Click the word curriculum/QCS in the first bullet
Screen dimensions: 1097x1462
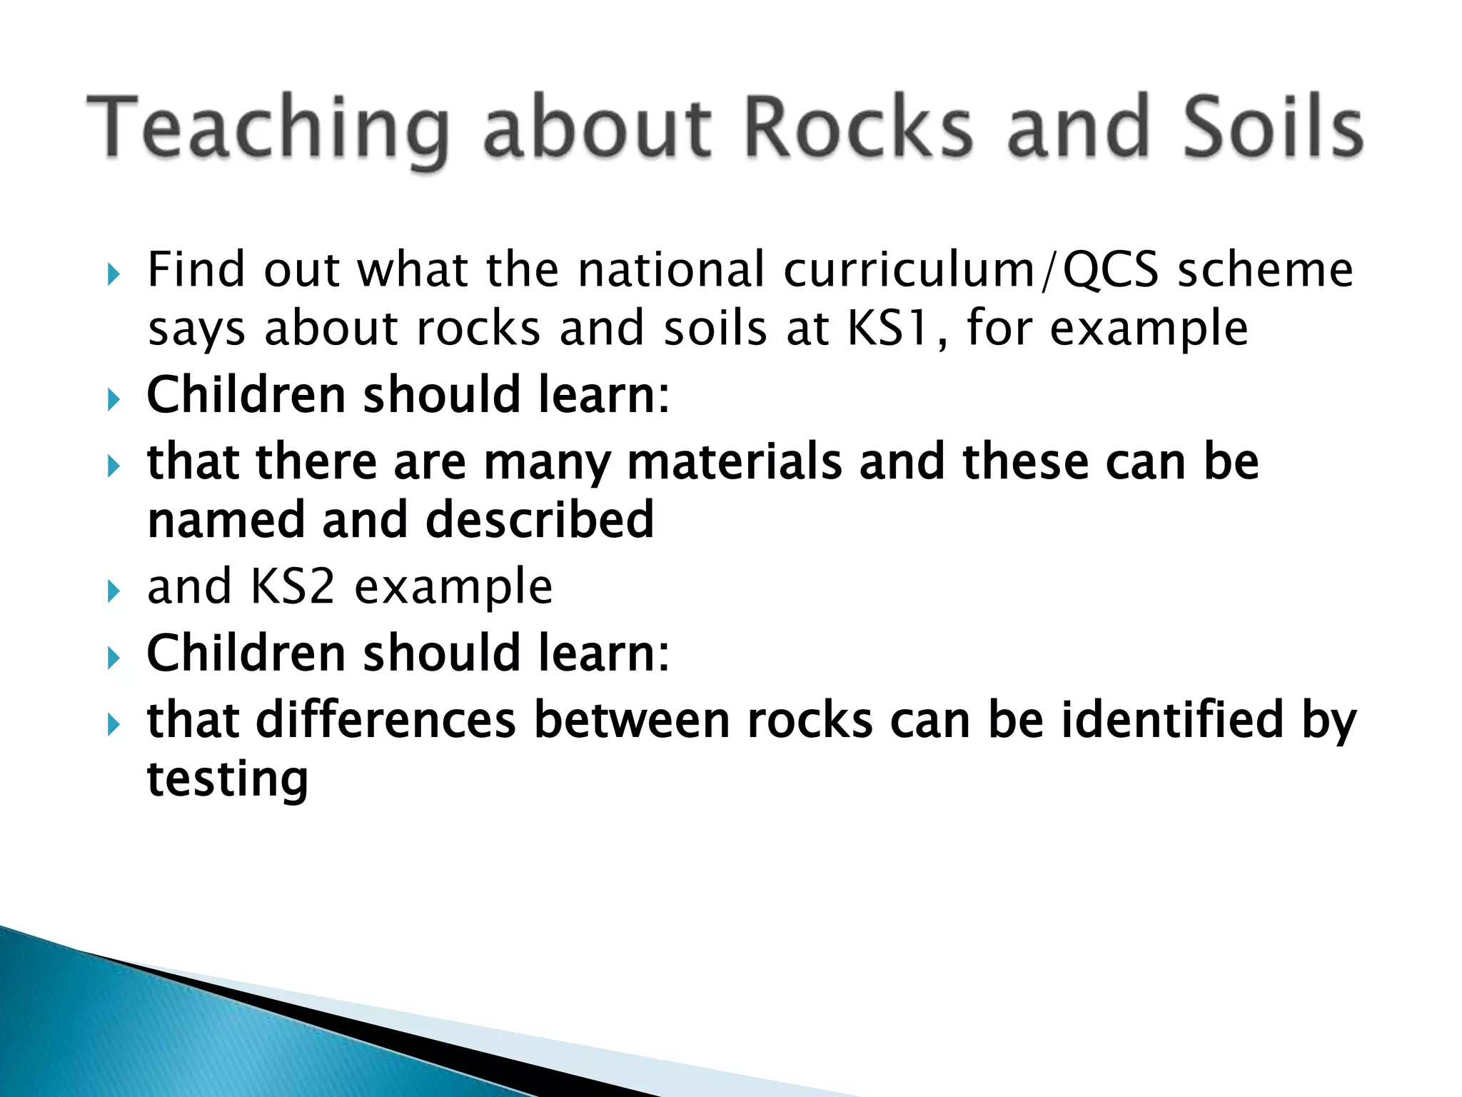coord(971,271)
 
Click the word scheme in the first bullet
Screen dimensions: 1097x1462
coord(1265,270)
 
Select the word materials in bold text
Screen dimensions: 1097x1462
coord(735,462)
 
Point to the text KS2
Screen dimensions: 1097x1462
coord(293,586)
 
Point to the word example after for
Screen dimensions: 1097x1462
coord(1149,329)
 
